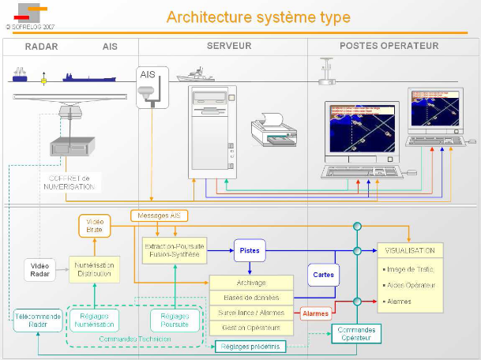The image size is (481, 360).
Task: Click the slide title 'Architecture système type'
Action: click(x=259, y=17)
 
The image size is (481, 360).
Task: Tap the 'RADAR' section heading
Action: click(x=41, y=47)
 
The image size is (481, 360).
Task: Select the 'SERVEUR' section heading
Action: click(x=229, y=47)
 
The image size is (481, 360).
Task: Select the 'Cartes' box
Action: click(x=323, y=276)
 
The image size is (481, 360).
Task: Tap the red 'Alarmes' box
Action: click(x=316, y=313)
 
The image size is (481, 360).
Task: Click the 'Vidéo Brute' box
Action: click(x=93, y=226)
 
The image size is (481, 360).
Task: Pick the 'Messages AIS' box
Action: click(x=160, y=216)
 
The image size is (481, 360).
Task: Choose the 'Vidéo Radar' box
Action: click(x=40, y=269)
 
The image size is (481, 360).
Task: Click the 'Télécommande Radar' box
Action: click(x=36, y=320)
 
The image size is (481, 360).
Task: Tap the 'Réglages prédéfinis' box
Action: click(x=250, y=345)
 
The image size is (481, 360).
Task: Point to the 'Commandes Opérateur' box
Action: click(x=355, y=333)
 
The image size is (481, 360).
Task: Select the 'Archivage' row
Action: click(x=251, y=283)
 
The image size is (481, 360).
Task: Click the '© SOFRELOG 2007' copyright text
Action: click(x=30, y=25)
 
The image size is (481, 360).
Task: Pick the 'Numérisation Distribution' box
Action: click(x=94, y=269)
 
